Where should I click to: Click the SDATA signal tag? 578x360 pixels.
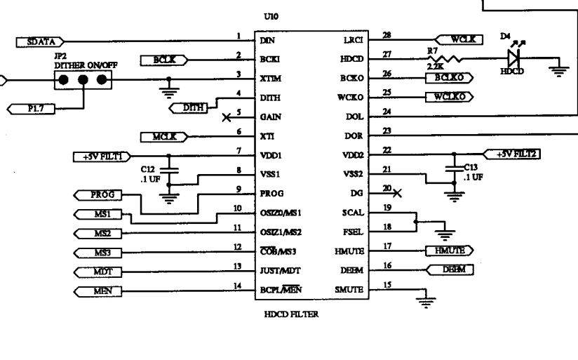click(41, 42)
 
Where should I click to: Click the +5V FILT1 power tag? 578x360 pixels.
click(99, 156)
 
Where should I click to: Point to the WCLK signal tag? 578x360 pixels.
click(459, 39)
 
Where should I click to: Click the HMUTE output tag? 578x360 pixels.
click(449, 250)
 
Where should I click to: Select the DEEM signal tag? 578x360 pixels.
click(450, 269)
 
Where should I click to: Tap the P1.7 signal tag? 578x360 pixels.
click(30, 107)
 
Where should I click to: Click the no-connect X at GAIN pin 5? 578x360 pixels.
click(225, 117)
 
